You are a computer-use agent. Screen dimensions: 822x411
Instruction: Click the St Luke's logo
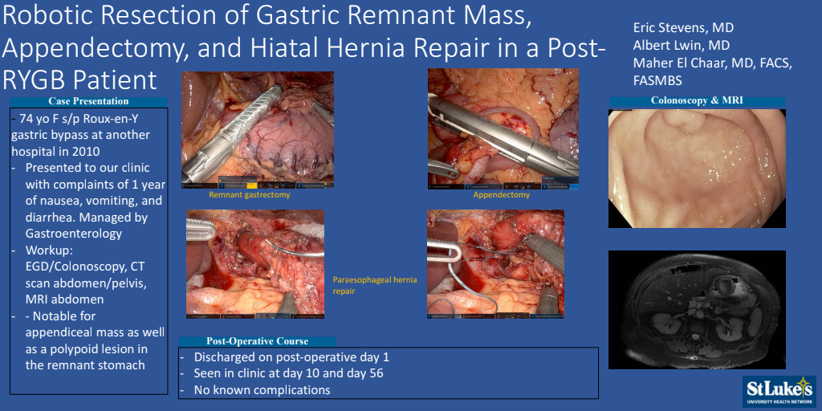click(779, 392)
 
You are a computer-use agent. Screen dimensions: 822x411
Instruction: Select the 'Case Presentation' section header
click(88, 101)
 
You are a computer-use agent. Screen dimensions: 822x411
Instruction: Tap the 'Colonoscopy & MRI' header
click(697, 100)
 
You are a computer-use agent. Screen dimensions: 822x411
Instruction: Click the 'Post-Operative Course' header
click(257, 341)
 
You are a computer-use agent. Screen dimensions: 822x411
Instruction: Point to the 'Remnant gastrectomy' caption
click(250, 195)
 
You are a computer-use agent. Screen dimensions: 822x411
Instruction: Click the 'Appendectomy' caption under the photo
click(501, 195)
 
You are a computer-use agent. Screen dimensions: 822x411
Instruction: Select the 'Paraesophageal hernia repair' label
click(375, 285)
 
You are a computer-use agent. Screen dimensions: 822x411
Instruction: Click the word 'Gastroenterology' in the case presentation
click(73, 234)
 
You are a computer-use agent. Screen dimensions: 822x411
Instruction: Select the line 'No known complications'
click(262, 390)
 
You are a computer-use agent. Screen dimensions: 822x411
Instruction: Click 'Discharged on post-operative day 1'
click(291, 357)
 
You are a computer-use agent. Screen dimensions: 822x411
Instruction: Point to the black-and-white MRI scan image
click(697, 310)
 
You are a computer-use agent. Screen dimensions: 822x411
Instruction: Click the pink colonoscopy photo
click(697, 169)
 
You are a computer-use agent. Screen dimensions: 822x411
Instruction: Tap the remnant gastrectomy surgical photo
click(258, 130)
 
